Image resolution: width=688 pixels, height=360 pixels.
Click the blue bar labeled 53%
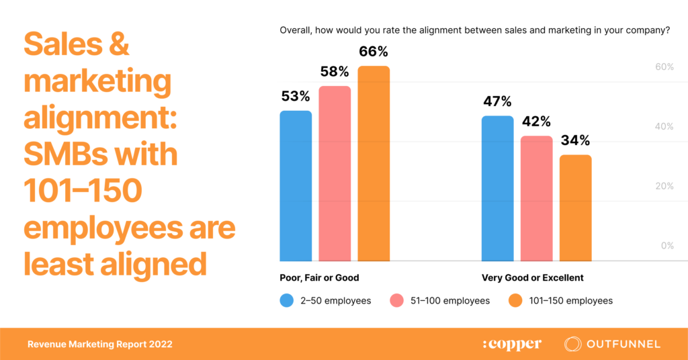pos(296,185)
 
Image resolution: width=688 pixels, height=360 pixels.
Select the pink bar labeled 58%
pos(335,173)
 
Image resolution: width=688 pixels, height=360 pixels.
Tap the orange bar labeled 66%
pos(374,163)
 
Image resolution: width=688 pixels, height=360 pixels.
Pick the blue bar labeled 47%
pos(498,188)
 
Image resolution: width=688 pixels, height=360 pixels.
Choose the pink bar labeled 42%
pos(537,198)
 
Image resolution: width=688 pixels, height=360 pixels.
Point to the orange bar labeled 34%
pos(576,208)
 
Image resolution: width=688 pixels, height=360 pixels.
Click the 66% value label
pos(374,52)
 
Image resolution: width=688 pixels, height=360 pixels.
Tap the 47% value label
pos(498,102)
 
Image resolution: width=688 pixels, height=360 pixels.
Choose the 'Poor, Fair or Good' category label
pos(319,277)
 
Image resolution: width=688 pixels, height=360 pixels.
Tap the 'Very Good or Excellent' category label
pos(533,277)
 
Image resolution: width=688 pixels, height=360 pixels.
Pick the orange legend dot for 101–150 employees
pos(515,301)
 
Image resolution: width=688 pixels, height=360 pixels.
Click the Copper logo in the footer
pos(512,345)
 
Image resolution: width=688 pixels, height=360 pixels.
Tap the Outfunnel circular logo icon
pos(573,344)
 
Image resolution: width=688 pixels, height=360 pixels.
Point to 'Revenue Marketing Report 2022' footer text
pos(99,345)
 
